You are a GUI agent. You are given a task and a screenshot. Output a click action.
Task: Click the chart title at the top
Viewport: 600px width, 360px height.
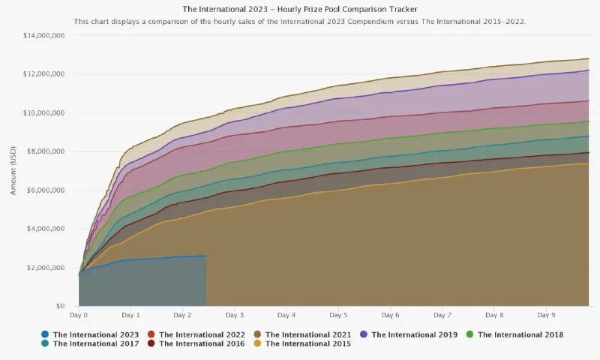[x=300, y=9]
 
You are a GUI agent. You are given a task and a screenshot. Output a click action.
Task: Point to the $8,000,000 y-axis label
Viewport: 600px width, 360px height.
[x=46, y=151]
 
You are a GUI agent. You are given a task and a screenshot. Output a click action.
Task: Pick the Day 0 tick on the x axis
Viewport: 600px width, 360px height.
[x=79, y=316]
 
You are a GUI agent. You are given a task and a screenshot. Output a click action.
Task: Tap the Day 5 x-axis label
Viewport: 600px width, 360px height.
[x=338, y=316]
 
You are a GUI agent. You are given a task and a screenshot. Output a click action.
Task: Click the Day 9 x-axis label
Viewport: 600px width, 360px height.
[x=547, y=316]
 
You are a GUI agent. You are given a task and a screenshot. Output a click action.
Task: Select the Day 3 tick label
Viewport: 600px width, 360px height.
[x=235, y=316]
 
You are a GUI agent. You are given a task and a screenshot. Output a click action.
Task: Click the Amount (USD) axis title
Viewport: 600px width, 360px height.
[x=13, y=171]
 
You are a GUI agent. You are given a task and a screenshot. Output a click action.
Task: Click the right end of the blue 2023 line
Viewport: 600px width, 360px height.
[x=205, y=256]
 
